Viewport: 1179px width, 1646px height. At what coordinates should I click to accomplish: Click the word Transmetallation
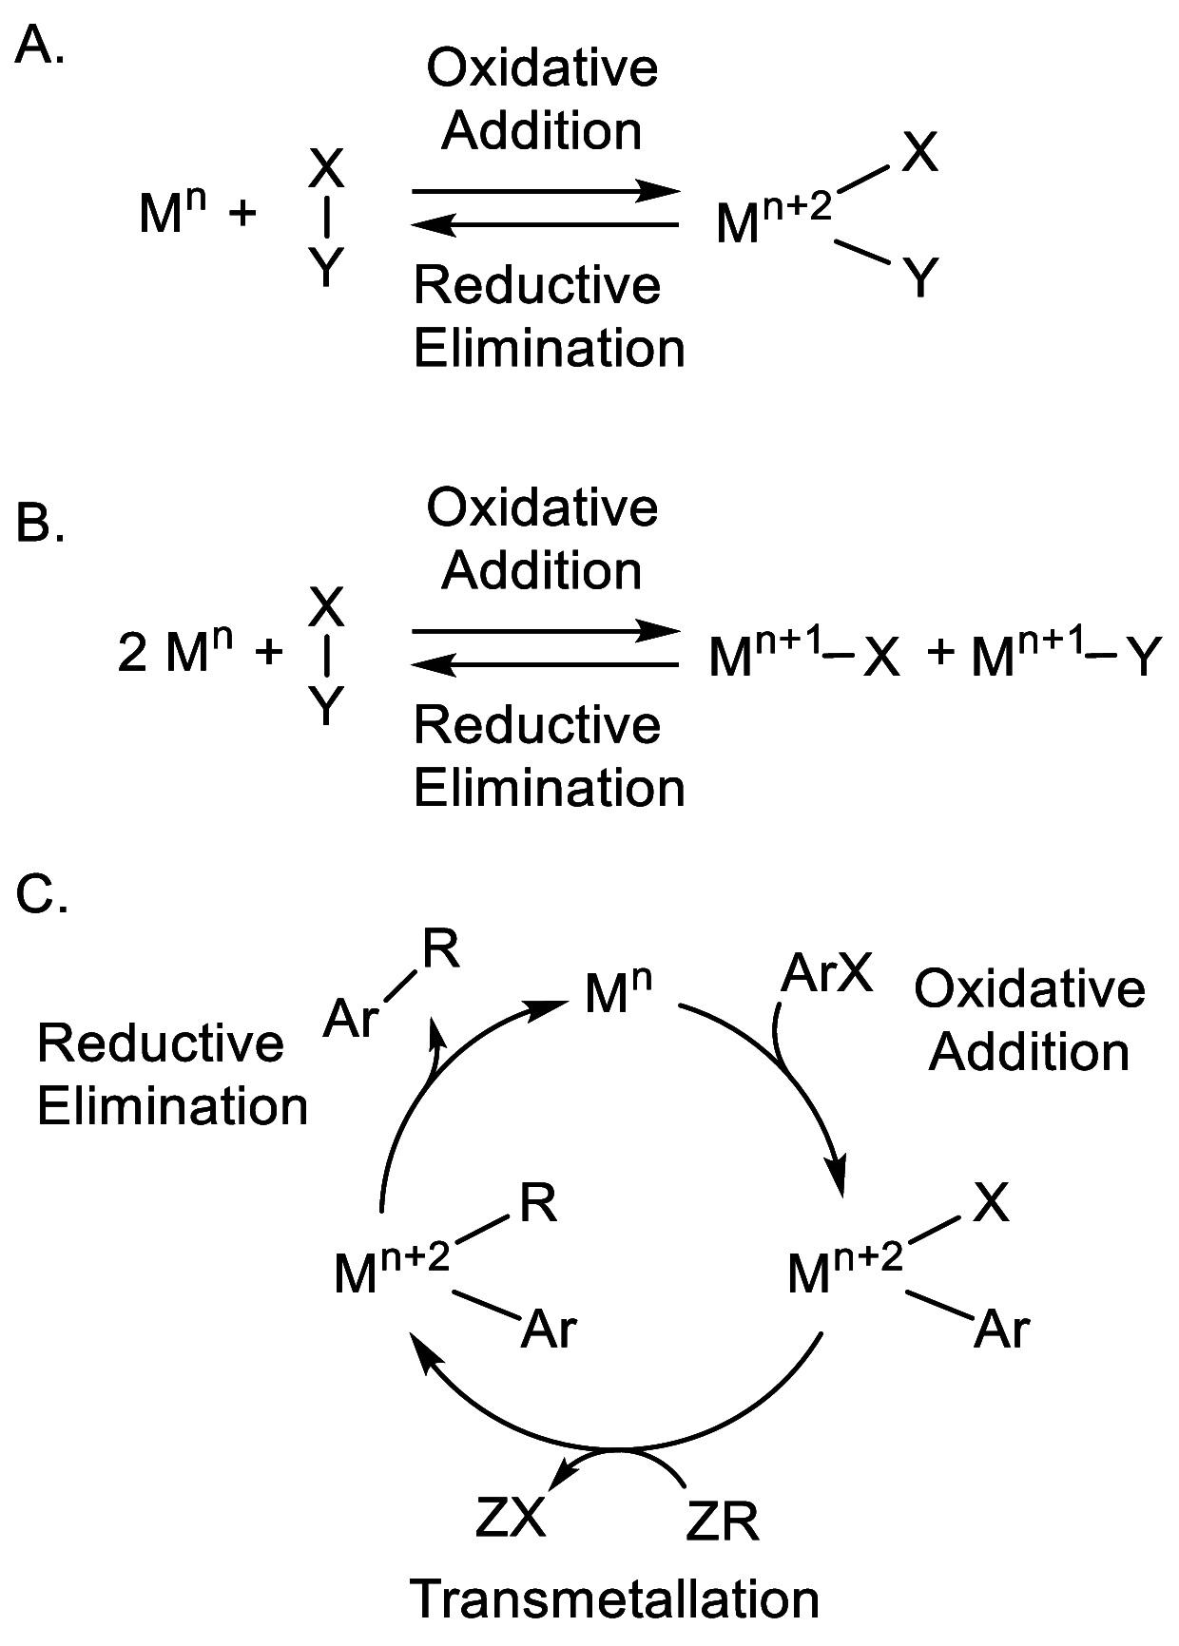(x=614, y=1598)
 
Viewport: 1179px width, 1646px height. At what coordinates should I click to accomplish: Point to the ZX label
(x=511, y=1518)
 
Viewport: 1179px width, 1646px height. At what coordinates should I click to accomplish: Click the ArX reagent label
(x=826, y=973)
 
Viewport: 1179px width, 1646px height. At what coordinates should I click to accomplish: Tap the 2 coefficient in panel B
(x=132, y=653)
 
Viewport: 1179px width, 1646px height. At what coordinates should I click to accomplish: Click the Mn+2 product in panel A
(x=772, y=220)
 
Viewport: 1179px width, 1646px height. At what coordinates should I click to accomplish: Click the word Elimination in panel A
(x=549, y=348)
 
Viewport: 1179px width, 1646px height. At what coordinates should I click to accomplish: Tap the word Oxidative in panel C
(x=1030, y=989)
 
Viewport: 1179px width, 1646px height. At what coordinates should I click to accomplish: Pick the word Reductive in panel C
(x=161, y=1043)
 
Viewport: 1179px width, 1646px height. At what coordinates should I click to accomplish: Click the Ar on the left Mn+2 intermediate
(x=550, y=1330)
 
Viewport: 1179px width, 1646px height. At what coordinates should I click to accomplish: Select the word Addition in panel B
(x=542, y=570)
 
